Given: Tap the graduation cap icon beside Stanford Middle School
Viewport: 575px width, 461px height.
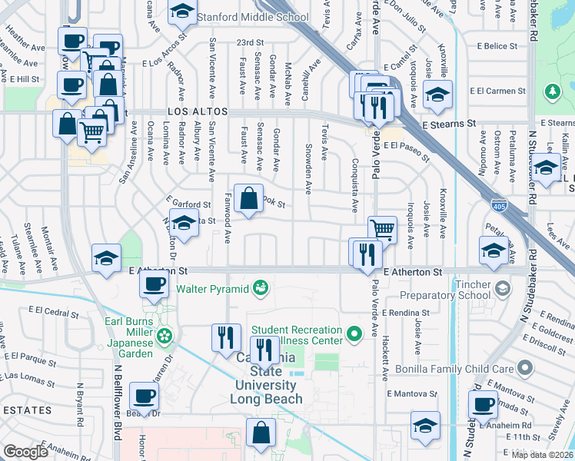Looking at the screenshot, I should tap(181, 12).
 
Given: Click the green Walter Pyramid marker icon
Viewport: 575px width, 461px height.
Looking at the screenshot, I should tap(261, 289).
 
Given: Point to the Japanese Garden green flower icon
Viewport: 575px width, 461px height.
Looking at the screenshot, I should tap(164, 335).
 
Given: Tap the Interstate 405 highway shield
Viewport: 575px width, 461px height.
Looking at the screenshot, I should tap(498, 205).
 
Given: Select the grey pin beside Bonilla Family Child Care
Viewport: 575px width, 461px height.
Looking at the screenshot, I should tap(526, 368).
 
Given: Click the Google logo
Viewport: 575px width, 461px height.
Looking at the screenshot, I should tap(26, 452).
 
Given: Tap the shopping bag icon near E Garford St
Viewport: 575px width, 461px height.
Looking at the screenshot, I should tap(249, 201).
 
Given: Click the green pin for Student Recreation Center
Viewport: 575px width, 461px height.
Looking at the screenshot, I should tap(354, 334).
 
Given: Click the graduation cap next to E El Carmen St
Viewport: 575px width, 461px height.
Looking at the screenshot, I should tap(437, 96).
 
